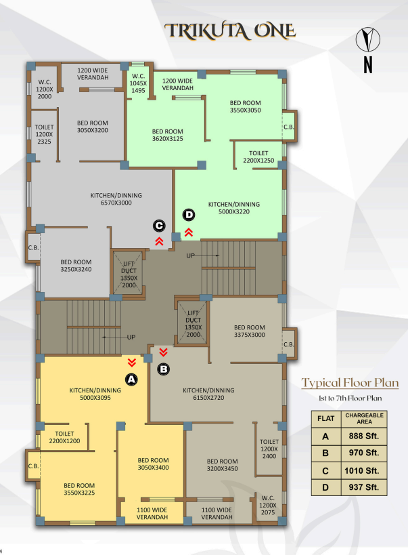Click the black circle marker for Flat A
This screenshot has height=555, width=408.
131,379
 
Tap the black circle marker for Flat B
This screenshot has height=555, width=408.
163,369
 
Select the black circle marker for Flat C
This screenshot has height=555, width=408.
159,226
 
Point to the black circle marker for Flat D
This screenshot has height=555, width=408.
189,215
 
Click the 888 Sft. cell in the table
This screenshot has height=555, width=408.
364,436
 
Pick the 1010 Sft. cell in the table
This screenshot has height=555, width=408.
364,471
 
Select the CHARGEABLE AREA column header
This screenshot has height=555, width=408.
364,418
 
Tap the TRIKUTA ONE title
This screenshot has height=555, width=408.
230,31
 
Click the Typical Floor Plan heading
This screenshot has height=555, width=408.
350,383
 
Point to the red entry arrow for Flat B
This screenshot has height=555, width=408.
163,352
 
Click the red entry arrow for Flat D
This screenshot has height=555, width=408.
189,232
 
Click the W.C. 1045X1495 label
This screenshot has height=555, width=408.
138,83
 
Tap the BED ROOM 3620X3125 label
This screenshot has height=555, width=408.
168,136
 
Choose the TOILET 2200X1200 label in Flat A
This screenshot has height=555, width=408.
64,437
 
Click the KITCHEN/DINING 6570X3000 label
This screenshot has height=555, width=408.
116,199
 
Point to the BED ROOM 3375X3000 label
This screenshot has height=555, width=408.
249,331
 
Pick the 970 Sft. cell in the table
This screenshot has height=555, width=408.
364,453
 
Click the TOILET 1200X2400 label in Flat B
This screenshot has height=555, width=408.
269,449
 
